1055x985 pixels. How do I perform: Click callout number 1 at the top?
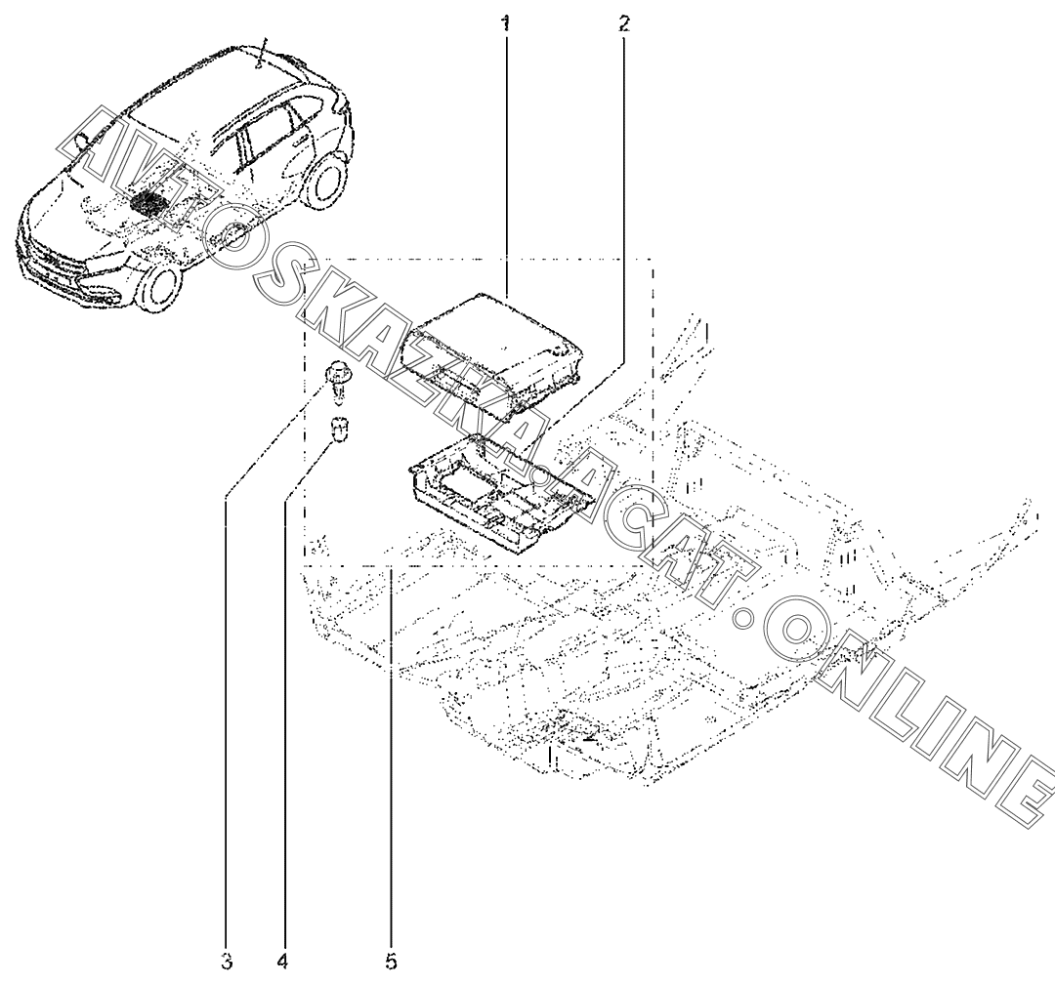505,21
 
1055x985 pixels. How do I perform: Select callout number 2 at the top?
623,21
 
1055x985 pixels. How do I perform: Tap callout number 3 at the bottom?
226,962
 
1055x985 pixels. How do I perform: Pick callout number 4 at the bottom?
282,962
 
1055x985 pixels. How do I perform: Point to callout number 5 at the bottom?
391,962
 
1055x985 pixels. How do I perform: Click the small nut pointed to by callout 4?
340,429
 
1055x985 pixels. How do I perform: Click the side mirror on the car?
83,142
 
